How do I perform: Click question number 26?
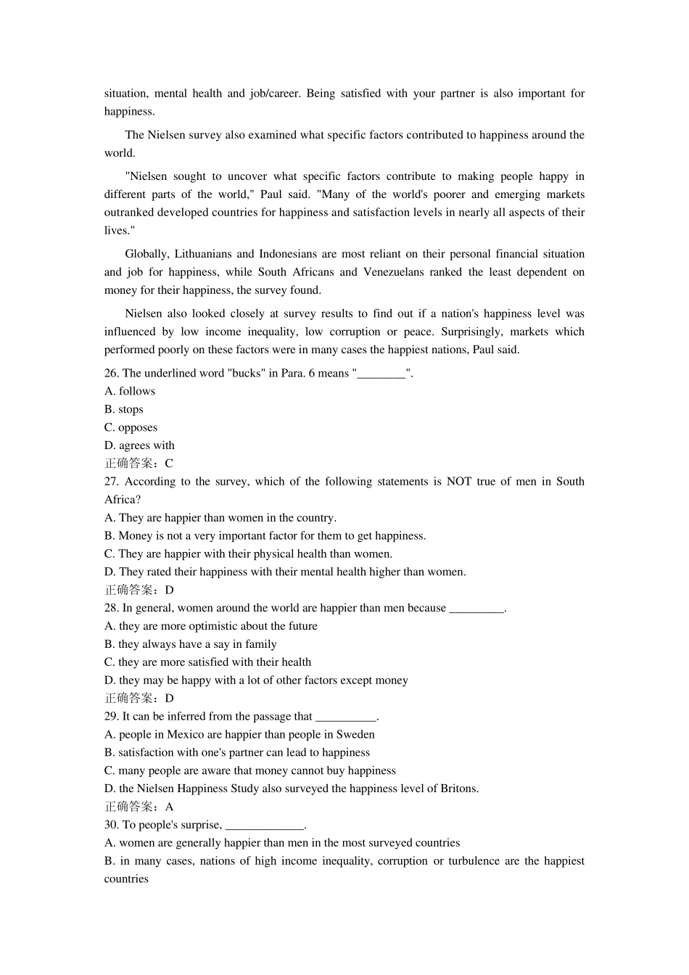(x=112, y=374)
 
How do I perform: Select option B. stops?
(x=124, y=410)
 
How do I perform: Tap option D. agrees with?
(x=139, y=446)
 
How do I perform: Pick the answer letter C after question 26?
(x=169, y=464)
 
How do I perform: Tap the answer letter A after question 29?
(x=169, y=807)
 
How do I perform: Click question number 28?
(x=112, y=608)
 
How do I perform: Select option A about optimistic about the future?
(x=211, y=626)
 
